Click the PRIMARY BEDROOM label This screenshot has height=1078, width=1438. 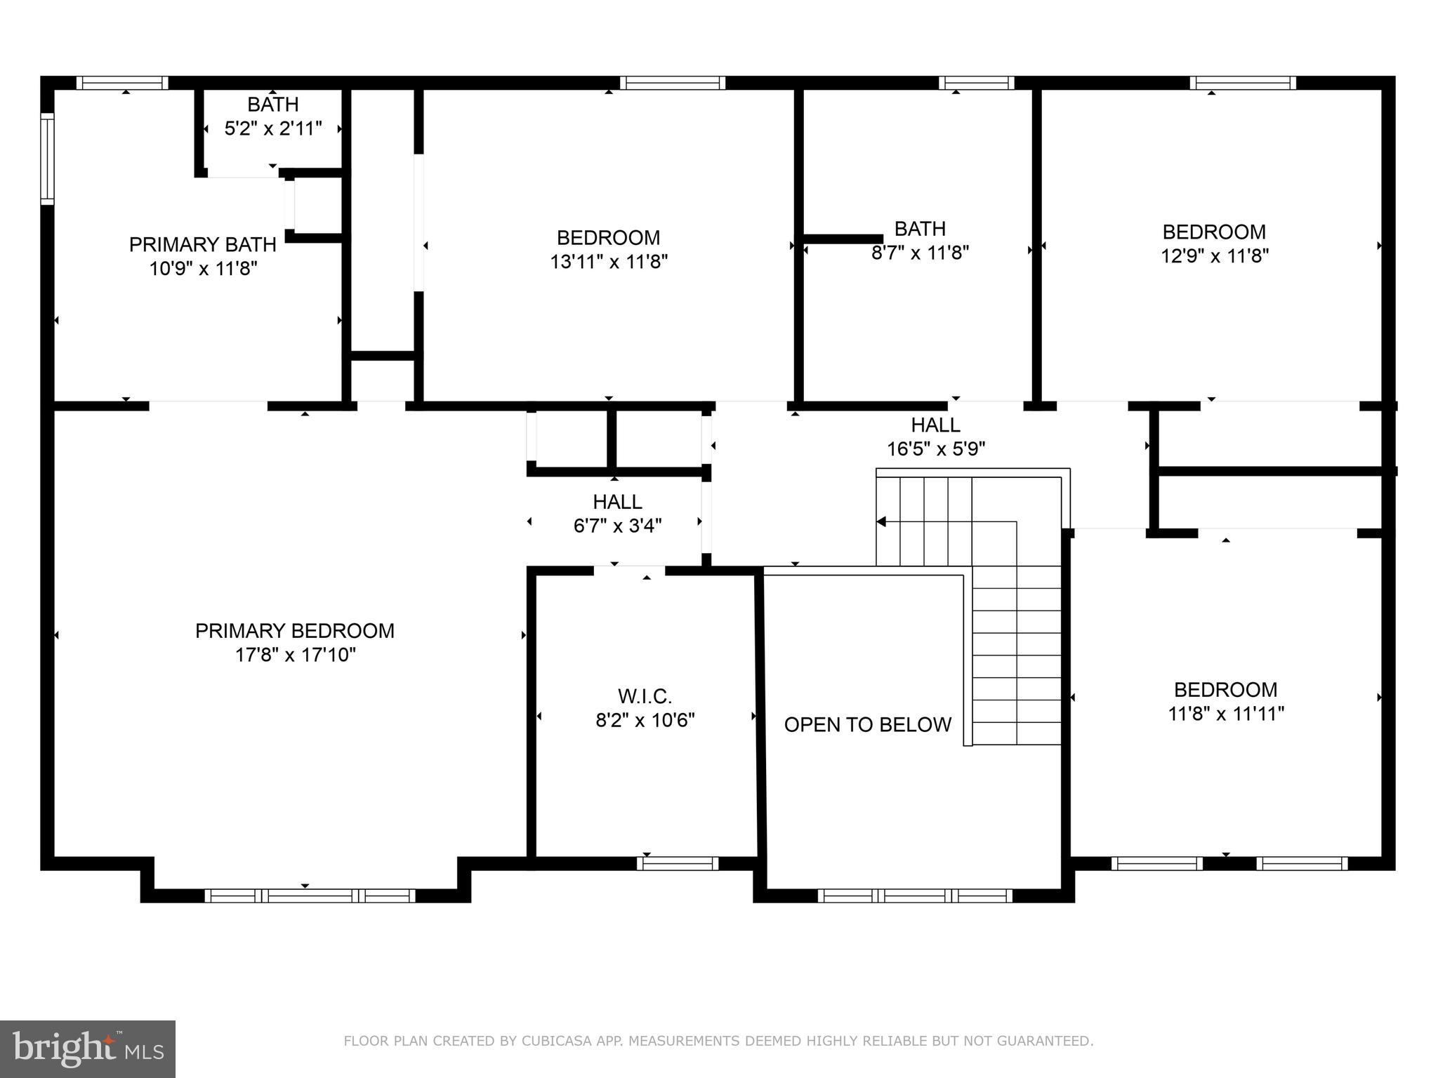point(294,631)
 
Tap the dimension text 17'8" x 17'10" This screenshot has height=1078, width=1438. point(295,655)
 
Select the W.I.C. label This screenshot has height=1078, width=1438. point(645,696)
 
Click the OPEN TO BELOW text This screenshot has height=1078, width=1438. point(867,724)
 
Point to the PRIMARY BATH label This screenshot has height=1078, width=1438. point(202,245)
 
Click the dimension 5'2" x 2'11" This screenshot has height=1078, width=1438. point(272,128)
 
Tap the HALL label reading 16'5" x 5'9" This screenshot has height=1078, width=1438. point(935,425)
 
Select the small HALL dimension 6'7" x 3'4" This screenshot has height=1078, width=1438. point(617,526)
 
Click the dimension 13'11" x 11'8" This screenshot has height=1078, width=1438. point(608,262)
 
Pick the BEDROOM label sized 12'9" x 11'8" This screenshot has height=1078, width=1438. point(1214,232)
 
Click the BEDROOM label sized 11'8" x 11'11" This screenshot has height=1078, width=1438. point(1225,689)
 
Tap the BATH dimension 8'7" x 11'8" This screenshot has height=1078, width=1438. point(920,253)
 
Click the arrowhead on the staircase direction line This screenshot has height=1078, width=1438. point(881,521)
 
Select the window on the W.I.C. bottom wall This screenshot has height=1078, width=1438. point(678,863)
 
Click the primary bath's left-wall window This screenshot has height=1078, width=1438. point(47,159)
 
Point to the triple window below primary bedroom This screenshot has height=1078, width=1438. point(310,896)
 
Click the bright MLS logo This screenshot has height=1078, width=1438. point(87,1049)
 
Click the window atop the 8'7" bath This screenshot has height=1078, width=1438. point(976,83)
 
